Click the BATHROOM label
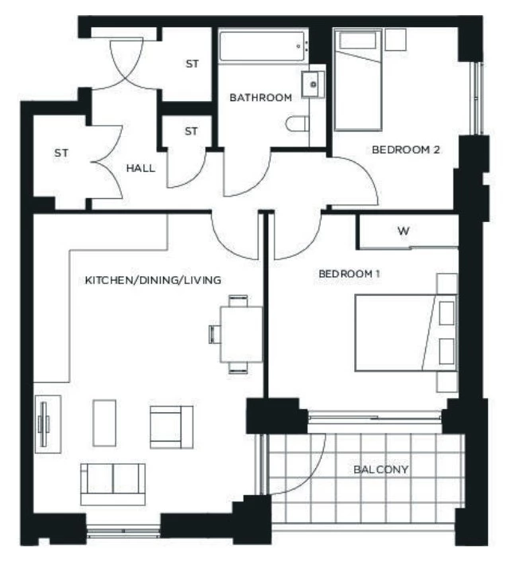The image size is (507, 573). pos(260,98)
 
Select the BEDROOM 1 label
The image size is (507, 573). pos(349,274)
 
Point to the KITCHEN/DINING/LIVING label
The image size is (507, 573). pos(153,280)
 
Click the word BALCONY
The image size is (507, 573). pos(381,470)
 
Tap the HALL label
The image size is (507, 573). pos(140,168)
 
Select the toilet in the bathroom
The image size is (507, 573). pos(298,124)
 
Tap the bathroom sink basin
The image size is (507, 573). pos(311,81)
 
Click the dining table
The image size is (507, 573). pos(238,333)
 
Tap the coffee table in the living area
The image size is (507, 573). pos(105,422)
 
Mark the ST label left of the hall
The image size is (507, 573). pos(61,152)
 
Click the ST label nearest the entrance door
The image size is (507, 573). pos(192,64)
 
